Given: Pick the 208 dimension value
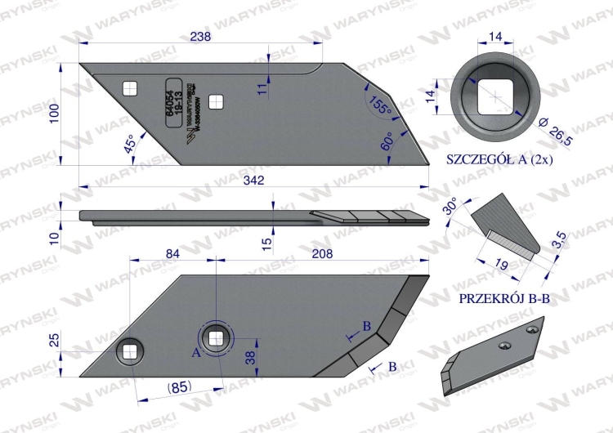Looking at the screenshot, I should tap(322, 254).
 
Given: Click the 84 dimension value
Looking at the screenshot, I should tap(172, 254).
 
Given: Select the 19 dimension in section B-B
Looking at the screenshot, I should tap(502, 263).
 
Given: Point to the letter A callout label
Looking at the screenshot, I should tap(195, 353).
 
